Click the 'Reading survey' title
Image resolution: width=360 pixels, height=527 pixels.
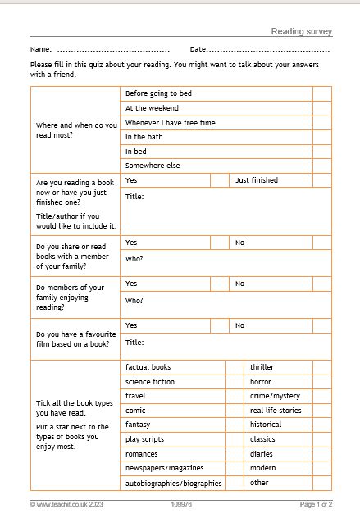(301, 31)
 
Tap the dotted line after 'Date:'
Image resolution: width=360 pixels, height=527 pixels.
(270, 50)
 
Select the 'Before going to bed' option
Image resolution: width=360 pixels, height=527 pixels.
(157, 93)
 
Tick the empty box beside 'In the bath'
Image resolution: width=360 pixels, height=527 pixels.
(321, 137)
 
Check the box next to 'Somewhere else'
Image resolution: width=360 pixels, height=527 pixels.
(321, 166)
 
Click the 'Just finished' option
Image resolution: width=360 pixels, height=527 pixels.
(257, 179)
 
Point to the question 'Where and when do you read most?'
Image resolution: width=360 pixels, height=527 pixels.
(76, 129)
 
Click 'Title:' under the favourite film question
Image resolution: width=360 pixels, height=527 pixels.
(134, 343)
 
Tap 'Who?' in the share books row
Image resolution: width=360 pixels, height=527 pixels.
(134, 259)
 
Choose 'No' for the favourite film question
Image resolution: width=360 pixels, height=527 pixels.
(240, 325)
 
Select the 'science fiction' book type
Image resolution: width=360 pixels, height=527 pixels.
(150, 382)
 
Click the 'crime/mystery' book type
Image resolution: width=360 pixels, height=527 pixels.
(275, 396)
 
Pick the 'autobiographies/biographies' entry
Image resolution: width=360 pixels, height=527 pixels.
(173, 484)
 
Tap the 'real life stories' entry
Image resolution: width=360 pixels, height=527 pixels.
(276, 411)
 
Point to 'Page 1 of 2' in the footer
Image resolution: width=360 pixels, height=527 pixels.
(316, 504)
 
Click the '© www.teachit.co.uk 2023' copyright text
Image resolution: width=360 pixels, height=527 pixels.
(68, 504)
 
